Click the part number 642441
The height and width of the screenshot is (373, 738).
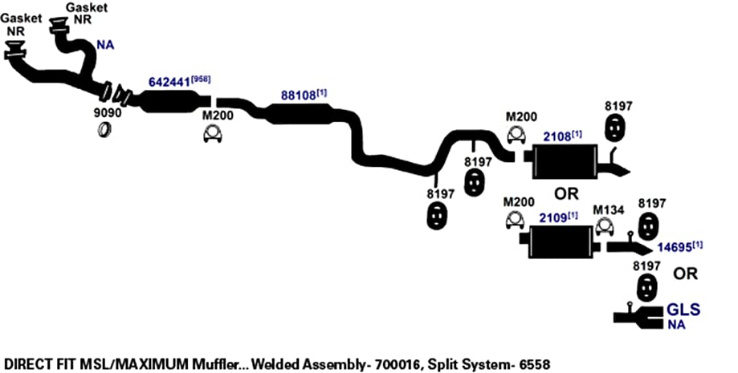pyautogui.click(x=170, y=83)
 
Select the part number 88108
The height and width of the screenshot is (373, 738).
pyautogui.click(x=299, y=95)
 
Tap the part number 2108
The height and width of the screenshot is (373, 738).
pyautogui.click(x=557, y=137)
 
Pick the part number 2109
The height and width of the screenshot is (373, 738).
pyautogui.click(x=553, y=219)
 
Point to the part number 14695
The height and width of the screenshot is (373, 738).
pyautogui.click(x=675, y=247)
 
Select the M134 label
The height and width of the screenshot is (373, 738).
pyautogui.click(x=608, y=210)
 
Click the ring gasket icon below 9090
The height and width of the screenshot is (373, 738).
pyautogui.click(x=105, y=129)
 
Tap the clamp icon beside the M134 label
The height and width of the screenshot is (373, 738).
pyautogui.click(x=604, y=227)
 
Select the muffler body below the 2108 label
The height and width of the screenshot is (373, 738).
pyautogui.click(x=565, y=162)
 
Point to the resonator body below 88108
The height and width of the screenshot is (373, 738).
pyautogui.click(x=299, y=114)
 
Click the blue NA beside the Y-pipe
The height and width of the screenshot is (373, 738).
pyautogui.click(x=105, y=45)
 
